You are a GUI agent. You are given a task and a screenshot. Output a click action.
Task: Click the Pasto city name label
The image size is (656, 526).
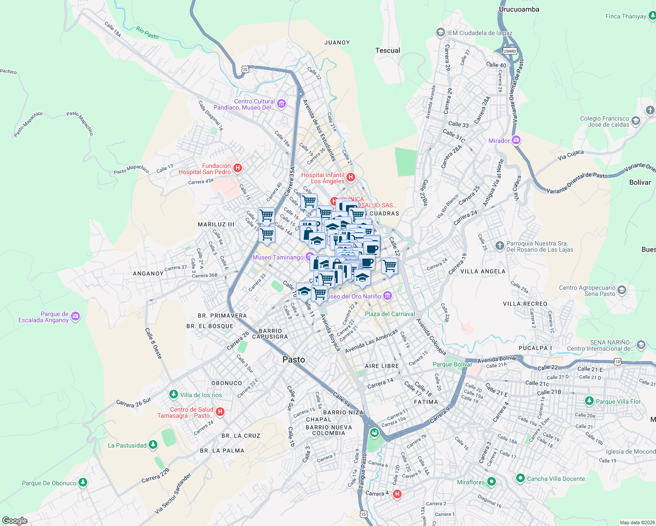(293, 359)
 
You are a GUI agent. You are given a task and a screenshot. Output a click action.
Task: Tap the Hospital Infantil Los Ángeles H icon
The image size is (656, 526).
(350, 178)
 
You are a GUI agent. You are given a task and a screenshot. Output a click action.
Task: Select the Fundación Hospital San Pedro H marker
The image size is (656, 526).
(238, 168)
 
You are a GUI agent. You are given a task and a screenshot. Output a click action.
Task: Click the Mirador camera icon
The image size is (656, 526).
(516, 140)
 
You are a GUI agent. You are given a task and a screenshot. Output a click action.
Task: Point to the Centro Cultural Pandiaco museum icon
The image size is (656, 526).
(282, 104)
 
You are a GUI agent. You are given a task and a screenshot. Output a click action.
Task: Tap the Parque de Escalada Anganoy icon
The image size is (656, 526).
(75, 316)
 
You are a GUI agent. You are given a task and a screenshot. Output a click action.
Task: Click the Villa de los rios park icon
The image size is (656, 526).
(174, 394)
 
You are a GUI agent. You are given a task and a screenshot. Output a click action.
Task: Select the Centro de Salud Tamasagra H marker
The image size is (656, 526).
(221, 412)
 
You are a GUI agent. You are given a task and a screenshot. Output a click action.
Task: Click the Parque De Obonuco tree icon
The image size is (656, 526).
(83, 483)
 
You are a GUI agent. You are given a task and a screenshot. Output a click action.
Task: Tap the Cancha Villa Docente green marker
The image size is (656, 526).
(520, 478)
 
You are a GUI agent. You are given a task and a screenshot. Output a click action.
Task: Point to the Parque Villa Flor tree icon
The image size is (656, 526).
(589, 401)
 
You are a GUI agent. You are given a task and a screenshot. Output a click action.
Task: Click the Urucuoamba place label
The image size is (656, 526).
(519, 9)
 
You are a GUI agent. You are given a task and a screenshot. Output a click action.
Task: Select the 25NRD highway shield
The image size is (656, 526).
(510, 51)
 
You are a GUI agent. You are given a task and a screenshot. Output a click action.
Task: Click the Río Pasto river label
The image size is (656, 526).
(147, 33)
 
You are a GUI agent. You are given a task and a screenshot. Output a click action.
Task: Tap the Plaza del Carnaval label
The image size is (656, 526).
(389, 314)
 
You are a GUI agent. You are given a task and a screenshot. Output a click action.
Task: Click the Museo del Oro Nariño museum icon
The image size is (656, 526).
(387, 296)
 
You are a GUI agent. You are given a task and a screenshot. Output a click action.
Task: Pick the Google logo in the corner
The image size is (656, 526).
(14, 520)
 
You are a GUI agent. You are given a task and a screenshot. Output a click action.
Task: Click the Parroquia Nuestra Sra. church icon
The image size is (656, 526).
(499, 245)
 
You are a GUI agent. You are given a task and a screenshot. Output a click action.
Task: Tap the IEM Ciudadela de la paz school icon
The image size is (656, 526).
(440, 32)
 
